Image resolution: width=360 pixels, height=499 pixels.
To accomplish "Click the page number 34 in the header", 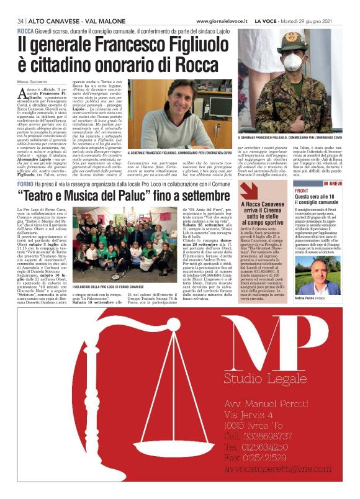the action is click(20, 20).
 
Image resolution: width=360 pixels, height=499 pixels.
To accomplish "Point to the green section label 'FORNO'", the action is click(26, 184).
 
